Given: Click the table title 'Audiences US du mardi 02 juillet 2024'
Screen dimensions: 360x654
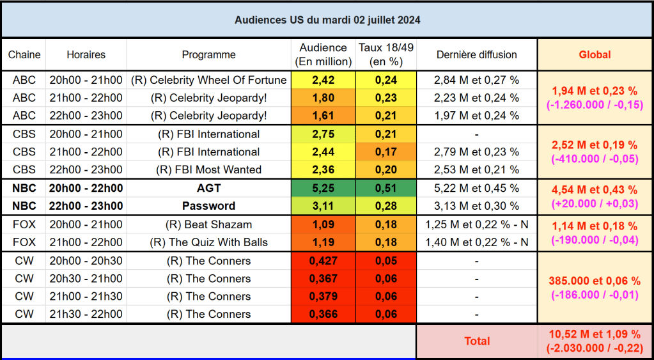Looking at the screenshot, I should (327, 20).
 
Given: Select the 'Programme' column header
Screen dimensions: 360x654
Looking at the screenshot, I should (208, 55).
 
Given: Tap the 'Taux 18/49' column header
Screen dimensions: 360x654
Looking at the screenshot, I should (385, 55).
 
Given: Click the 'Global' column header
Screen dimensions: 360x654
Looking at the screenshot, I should (595, 55).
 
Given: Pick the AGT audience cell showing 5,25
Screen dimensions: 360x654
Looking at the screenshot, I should (323, 188).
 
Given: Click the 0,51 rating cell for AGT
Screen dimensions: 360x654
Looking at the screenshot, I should (385, 188).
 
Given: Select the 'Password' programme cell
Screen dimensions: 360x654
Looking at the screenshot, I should (208, 206).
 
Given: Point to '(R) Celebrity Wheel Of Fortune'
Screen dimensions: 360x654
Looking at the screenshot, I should (208, 81).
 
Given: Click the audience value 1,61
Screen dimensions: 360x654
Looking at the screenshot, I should (323, 116).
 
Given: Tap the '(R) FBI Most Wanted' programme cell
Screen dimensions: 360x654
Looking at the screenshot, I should (208, 169).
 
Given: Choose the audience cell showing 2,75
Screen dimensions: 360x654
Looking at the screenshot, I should (323, 134).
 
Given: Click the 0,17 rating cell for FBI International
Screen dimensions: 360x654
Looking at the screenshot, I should (385, 152).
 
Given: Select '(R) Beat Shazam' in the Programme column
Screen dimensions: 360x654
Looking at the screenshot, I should (208, 224).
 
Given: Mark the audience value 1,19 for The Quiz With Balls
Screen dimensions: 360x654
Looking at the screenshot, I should (323, 242).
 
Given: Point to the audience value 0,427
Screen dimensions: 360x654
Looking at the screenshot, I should (323, 261).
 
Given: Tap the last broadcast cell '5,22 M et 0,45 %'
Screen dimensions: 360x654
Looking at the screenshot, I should (476, 188).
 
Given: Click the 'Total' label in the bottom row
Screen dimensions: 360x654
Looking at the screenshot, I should (476, 341).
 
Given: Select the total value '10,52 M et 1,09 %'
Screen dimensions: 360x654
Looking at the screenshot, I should (595, 334).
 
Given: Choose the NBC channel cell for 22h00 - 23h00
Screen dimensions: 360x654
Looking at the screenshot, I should (24, 206).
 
